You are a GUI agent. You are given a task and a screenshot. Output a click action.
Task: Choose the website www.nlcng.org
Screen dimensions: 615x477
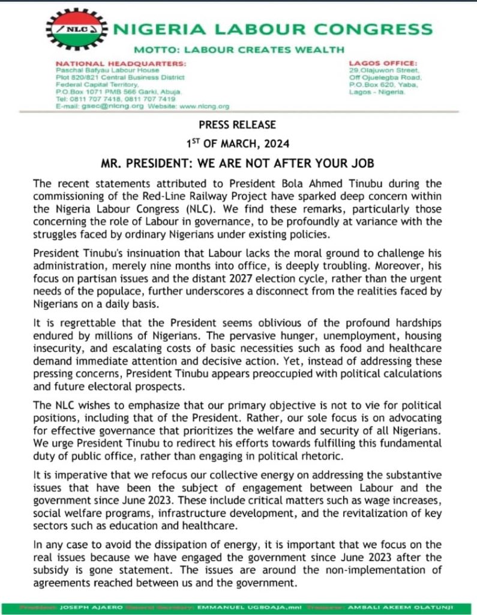pos(205,106)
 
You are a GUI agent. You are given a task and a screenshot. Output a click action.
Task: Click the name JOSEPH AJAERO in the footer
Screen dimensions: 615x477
pos(80,608)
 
